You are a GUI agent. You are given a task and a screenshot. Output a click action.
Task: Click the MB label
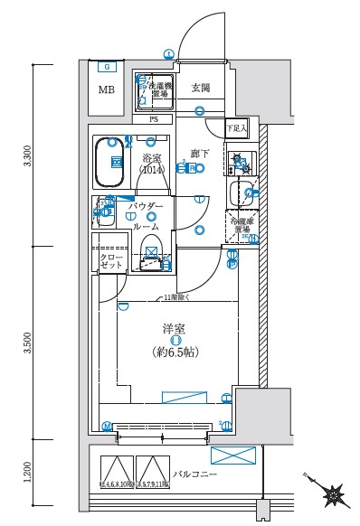(x=107, y=89)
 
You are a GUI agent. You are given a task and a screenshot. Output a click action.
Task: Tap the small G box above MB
(x=107, y=66)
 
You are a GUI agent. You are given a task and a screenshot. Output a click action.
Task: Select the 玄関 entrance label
(x=200, y=88)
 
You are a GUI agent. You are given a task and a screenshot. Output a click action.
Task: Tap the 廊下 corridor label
(x=200, y=154)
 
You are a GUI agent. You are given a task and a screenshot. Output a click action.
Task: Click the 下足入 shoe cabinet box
(x=236, y=128)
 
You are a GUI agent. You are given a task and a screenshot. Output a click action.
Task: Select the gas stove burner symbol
(x=240, y=164)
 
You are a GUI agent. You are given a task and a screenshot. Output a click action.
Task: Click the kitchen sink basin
(x=242, y=191)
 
